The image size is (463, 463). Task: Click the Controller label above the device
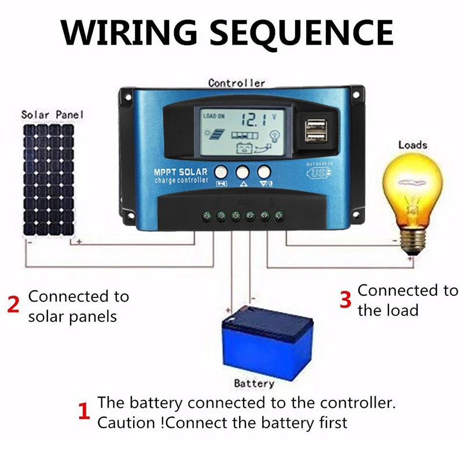(236, 83)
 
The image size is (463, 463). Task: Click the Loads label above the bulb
(413, 145)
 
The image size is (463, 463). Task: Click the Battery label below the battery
(253, 383)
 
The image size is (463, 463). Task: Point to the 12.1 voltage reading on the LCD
(253, 120)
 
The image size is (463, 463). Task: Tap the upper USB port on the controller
(313, 123)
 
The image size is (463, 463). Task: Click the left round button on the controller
(221, 172)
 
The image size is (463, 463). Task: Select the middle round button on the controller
(242, 172)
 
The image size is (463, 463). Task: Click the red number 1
(84, 412)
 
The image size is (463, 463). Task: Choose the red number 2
(13, 305)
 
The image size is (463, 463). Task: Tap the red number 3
(346, 300)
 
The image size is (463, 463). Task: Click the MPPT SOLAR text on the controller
(181, 172)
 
